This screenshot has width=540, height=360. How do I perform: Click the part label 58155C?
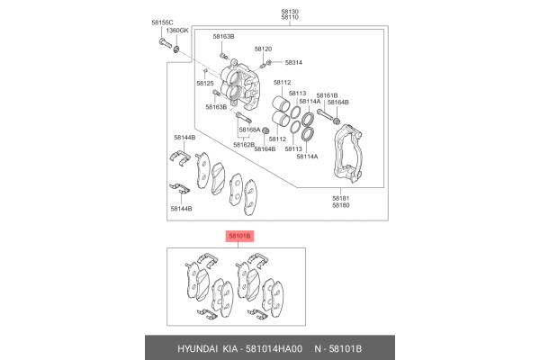162,21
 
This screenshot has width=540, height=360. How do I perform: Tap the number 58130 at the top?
290,10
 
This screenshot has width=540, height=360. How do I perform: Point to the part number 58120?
263,49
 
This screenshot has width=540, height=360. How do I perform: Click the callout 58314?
294,63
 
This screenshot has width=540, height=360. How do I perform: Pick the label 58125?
205,83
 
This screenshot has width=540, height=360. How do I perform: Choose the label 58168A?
249,130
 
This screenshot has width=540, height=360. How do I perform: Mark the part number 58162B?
244,144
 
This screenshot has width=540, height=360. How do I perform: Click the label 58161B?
327,94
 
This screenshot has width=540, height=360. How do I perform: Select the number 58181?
340,197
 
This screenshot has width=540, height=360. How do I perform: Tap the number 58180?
340,205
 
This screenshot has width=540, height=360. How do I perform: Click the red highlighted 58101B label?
240,236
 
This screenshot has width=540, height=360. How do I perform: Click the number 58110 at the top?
290,18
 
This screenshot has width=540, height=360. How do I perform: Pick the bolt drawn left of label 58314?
267,63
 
